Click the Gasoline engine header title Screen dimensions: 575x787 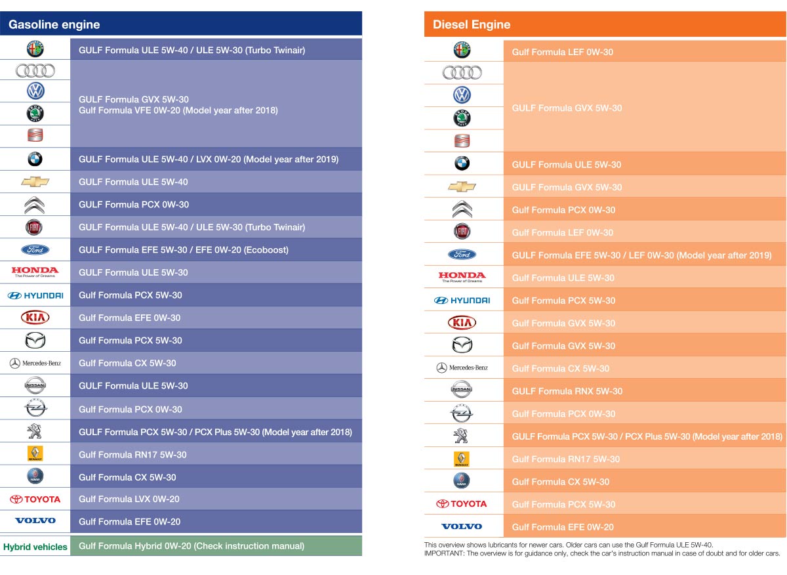pyautogui.click(x=54, y=25)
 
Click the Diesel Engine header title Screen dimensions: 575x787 pyautogui.click(x=472, y=25)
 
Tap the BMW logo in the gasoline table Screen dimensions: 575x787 pyautogui.click(x=35, y=159)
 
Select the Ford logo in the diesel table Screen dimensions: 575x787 pyautogui.click(x=462, y=255)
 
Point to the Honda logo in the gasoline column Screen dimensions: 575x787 pyautogui.click(x=35, y=271)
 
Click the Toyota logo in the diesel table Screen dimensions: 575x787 pyautogui.click(x=462, y=504)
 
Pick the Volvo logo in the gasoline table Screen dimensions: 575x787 pyautogui.click(x=35, y=521)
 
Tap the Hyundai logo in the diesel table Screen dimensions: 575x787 pyautogui.click(x=462, y=301)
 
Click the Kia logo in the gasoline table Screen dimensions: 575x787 pyautogui.click(x=35, y=318)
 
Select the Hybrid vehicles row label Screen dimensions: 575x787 pyautogui.click(x=35, y=547)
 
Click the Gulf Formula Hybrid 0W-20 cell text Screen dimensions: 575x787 pyautogui.click(x=192, y=546)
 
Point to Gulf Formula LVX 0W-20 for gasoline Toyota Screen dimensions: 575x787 pyautogui.click(x=129, y=500)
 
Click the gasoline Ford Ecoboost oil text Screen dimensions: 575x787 pyautogui.click(x=184, y=250)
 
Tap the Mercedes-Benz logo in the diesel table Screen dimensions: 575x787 pyautogui.click(x=462, y=368)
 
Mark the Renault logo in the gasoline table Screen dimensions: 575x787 pyautogui.click(x=35, y=454)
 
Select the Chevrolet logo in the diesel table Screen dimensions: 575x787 pyautogui.click(x=462, y=187)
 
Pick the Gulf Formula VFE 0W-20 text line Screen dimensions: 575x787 pyautogui.click(x=178, y=110)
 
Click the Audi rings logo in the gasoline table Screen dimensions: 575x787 pyautogui.click(x=35, y=70)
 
